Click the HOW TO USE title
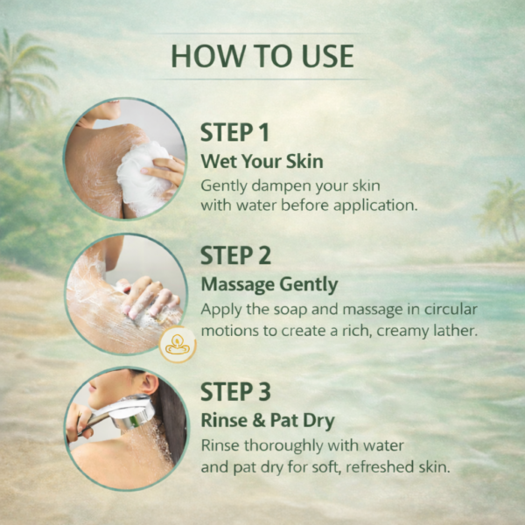[x=262, y=56]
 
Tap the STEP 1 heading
[x=234, y=133]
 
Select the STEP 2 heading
[x=235, y=255]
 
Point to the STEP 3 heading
[x=235, y=392]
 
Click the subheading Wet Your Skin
[x=262, y=161]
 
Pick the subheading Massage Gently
[x=269, y=285]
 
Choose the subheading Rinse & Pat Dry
[x=268, y=421]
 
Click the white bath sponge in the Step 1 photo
[x=144, y=176]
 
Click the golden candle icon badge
[x=178, y=344]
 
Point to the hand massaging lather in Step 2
[x=149, y=297]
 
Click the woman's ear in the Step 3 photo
[x=150, y=384]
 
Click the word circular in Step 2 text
[x=451, y=309]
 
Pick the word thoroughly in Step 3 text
[x=283, y=446]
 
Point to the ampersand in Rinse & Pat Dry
[x=259, y=421]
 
